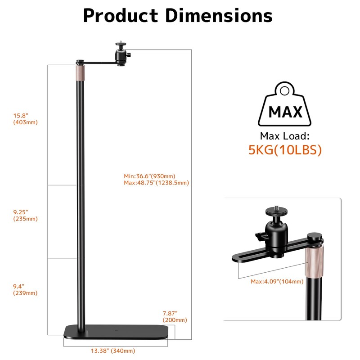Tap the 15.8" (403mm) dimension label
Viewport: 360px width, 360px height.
25,119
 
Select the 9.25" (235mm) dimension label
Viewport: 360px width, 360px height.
25,215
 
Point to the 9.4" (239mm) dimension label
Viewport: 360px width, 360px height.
25,289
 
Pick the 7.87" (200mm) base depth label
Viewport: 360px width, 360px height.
175,316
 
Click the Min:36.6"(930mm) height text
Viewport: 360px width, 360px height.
149,176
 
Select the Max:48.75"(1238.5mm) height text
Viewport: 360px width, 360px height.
156,183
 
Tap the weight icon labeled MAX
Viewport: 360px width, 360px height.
285,106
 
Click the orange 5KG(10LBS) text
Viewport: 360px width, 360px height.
285,150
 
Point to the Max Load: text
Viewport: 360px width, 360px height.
285,136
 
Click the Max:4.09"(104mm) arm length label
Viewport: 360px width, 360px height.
277,282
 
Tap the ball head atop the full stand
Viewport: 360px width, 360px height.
120,53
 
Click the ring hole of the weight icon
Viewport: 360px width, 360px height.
285,91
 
